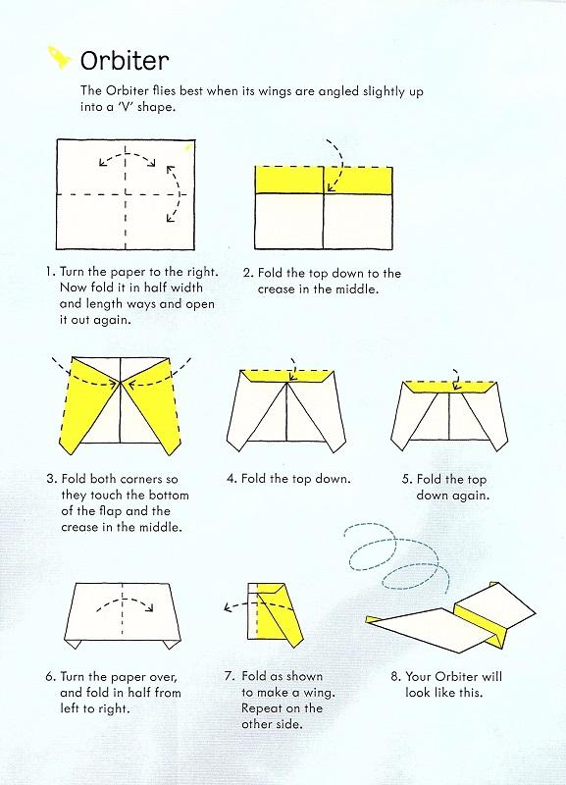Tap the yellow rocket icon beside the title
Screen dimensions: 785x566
(60, 58)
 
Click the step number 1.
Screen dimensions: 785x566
(49, 272)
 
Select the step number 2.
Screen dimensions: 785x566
(247, 273)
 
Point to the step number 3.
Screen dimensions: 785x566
(50, 480)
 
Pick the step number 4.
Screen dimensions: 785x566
(231, 479)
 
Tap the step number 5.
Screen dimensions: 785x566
(406, 479)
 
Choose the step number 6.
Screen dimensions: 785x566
(50, 677)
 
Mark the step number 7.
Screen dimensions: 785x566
(229, 677)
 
